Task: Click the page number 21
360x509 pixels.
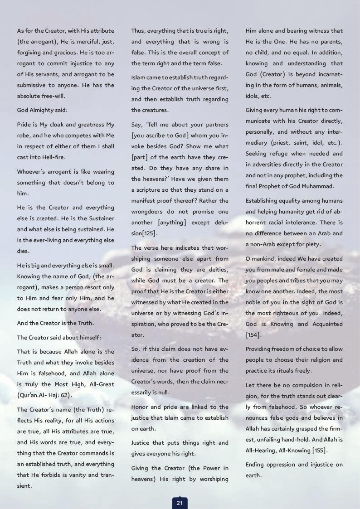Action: pos(180,502)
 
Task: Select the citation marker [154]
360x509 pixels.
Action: pos(253,334)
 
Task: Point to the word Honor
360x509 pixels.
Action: pos(141,407)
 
